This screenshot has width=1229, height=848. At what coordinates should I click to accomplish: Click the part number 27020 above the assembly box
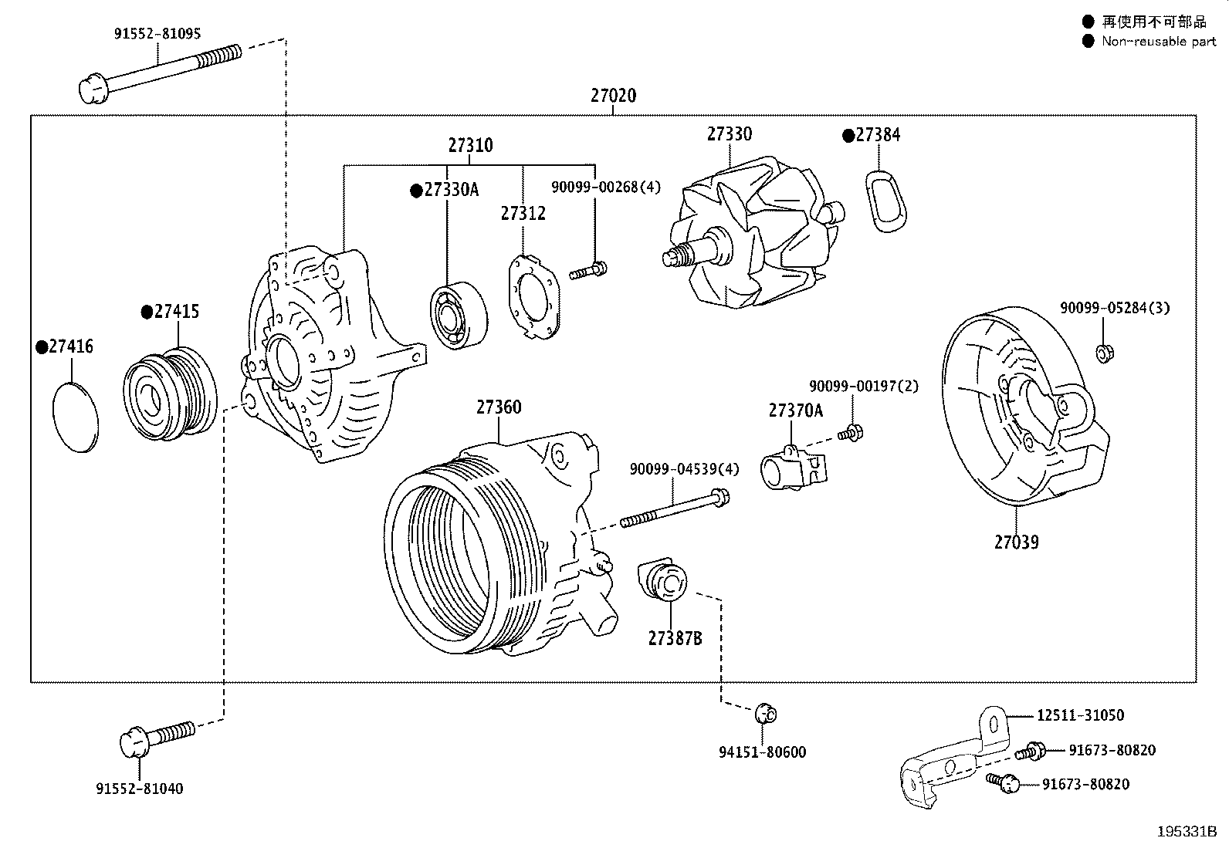coord(614,96)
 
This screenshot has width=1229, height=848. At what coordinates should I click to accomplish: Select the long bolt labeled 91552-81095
coord(161,73)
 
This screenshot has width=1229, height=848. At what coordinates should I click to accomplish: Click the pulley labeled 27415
coord(170,393)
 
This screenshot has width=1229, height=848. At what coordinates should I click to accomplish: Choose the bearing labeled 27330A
coord(459,316)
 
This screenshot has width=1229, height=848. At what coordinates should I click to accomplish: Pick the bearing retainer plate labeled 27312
coord(534,297)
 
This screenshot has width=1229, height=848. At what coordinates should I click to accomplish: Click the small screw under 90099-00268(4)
coord(588,270)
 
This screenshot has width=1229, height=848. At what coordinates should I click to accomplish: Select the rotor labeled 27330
coord(754,232)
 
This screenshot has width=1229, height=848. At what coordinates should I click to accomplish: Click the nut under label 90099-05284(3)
coord(1105,353)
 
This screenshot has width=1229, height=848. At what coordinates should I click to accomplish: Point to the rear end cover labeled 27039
coord(1025,406)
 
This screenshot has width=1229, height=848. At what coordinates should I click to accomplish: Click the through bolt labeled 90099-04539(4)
coord(675,508)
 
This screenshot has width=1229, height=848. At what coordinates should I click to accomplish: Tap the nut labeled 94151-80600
coord(766,714)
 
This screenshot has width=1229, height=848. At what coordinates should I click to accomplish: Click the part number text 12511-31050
coord(1080,715)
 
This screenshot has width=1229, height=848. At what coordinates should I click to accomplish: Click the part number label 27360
coord(499,407)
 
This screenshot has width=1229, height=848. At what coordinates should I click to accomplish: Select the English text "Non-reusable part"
coord(1159,41)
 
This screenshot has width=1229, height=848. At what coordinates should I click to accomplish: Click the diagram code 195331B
coord(1187,832)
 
